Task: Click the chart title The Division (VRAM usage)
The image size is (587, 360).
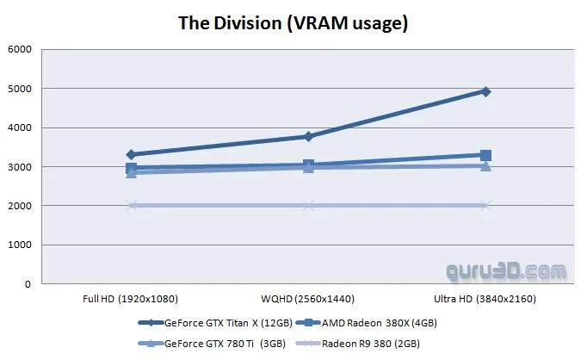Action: [293, 22]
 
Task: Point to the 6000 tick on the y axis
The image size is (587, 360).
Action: [19, 50]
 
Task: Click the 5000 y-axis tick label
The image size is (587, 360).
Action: [19, 89]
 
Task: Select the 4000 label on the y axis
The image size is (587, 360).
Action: [19, 127]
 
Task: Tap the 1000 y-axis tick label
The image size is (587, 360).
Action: [19, 245]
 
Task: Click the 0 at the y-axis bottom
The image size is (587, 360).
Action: [28, 283]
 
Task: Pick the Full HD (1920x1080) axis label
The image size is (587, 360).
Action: [131, 300]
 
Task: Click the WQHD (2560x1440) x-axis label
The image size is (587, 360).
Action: [308, 300]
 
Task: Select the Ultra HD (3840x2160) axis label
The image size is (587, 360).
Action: [485, 300]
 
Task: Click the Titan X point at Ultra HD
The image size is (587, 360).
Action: [485, 91]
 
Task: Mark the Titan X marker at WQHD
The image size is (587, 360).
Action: [308, 136]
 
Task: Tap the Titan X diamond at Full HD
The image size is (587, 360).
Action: [131, 155]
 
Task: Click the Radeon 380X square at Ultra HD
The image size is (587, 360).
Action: [485, 155]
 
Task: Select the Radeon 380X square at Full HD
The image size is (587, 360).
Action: [131, 168]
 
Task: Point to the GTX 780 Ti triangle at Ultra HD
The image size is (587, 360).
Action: [485, 165]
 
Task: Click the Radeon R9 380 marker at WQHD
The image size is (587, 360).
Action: [308, 205]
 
